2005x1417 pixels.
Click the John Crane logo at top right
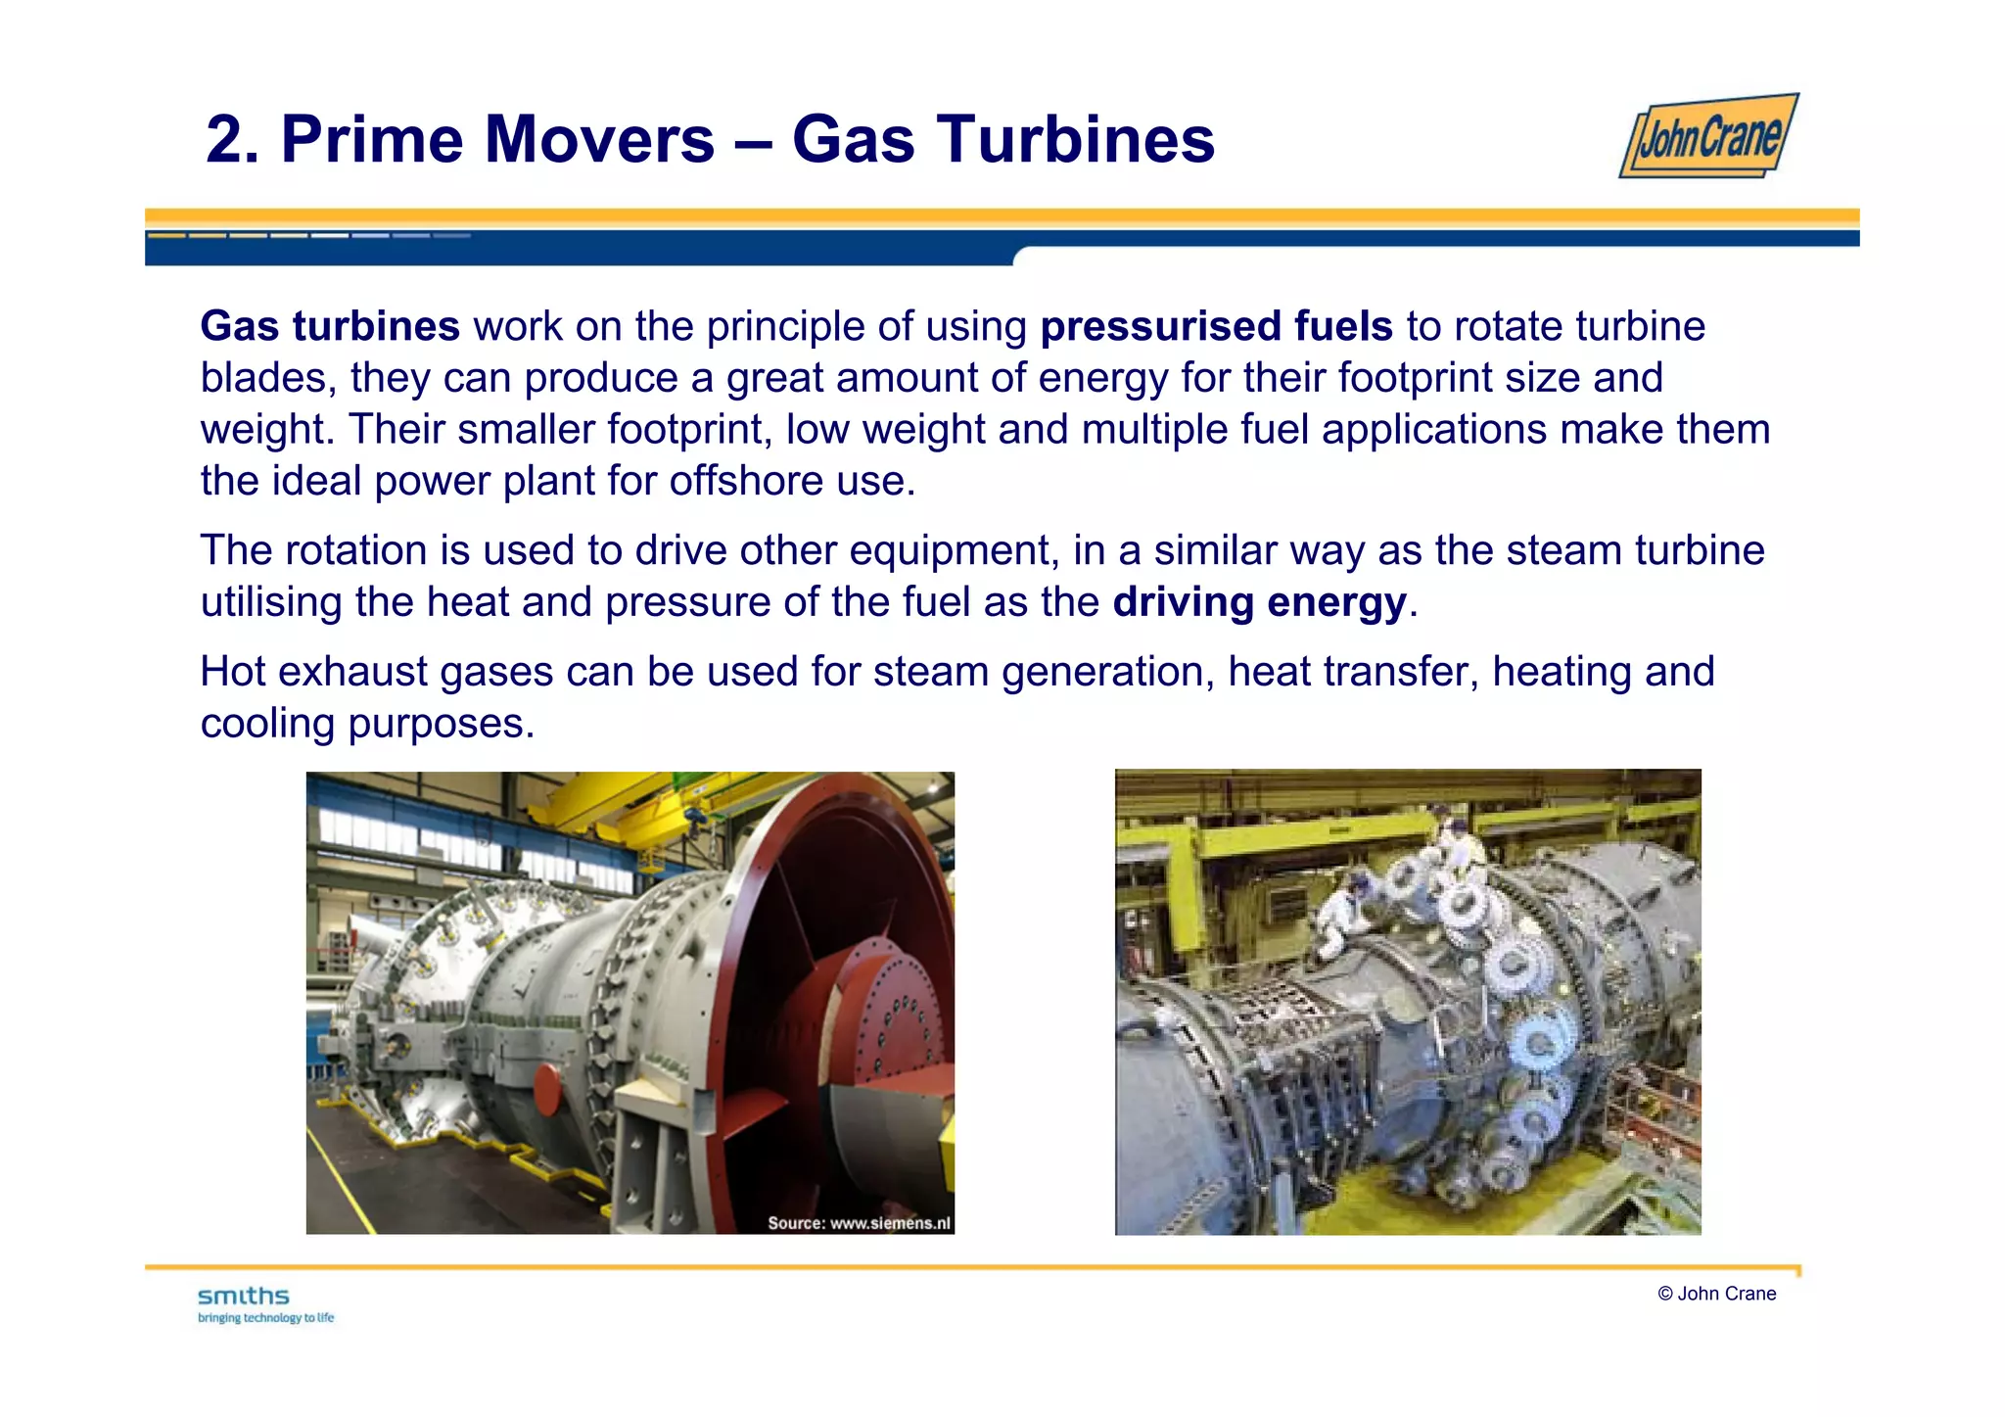point(1709,136)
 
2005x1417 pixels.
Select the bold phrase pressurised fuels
point(1216,326)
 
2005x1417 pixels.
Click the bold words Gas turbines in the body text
point(330,326)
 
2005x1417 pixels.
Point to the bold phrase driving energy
point(1259,602)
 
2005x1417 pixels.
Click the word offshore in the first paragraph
point(746,481)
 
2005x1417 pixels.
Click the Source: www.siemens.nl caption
point(859,1222)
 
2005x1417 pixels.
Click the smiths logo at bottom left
point(244,1297)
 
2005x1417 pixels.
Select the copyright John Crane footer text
point(1716,1294)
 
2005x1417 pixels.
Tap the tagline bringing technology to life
point(266,1318)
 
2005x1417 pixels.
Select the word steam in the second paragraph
point(1564,550)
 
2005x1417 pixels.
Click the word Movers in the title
point(596,139)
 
